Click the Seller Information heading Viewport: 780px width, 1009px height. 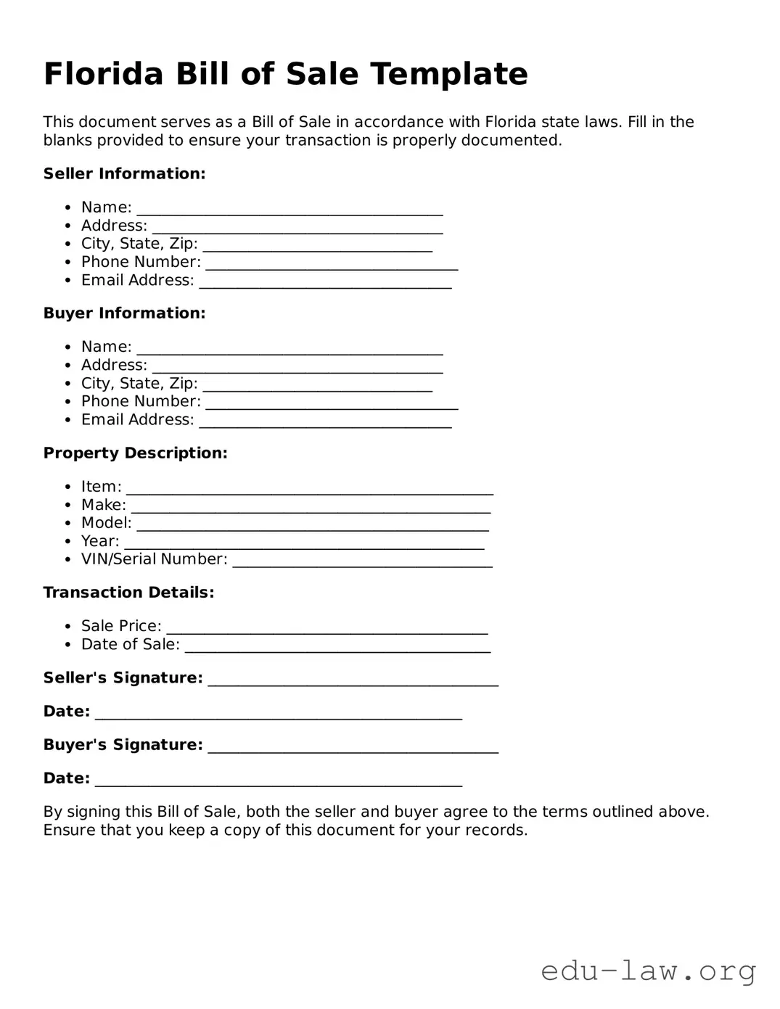124,173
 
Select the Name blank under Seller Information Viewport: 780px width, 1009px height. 290,210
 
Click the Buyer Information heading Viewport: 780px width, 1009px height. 124,313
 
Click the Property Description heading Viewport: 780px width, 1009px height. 135,453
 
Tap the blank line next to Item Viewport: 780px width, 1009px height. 309,489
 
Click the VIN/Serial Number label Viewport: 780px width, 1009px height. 154,559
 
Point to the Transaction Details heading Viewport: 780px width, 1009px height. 128,593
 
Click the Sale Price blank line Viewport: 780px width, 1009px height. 327,628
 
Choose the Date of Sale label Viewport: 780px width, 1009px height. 130,644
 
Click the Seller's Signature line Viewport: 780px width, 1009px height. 353,680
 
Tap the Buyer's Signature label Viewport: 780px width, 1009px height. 123,745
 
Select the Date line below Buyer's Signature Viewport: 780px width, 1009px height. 278,781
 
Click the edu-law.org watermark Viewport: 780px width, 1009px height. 648,971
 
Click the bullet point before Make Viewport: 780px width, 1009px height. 67,506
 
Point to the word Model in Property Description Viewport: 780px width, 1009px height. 106,523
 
